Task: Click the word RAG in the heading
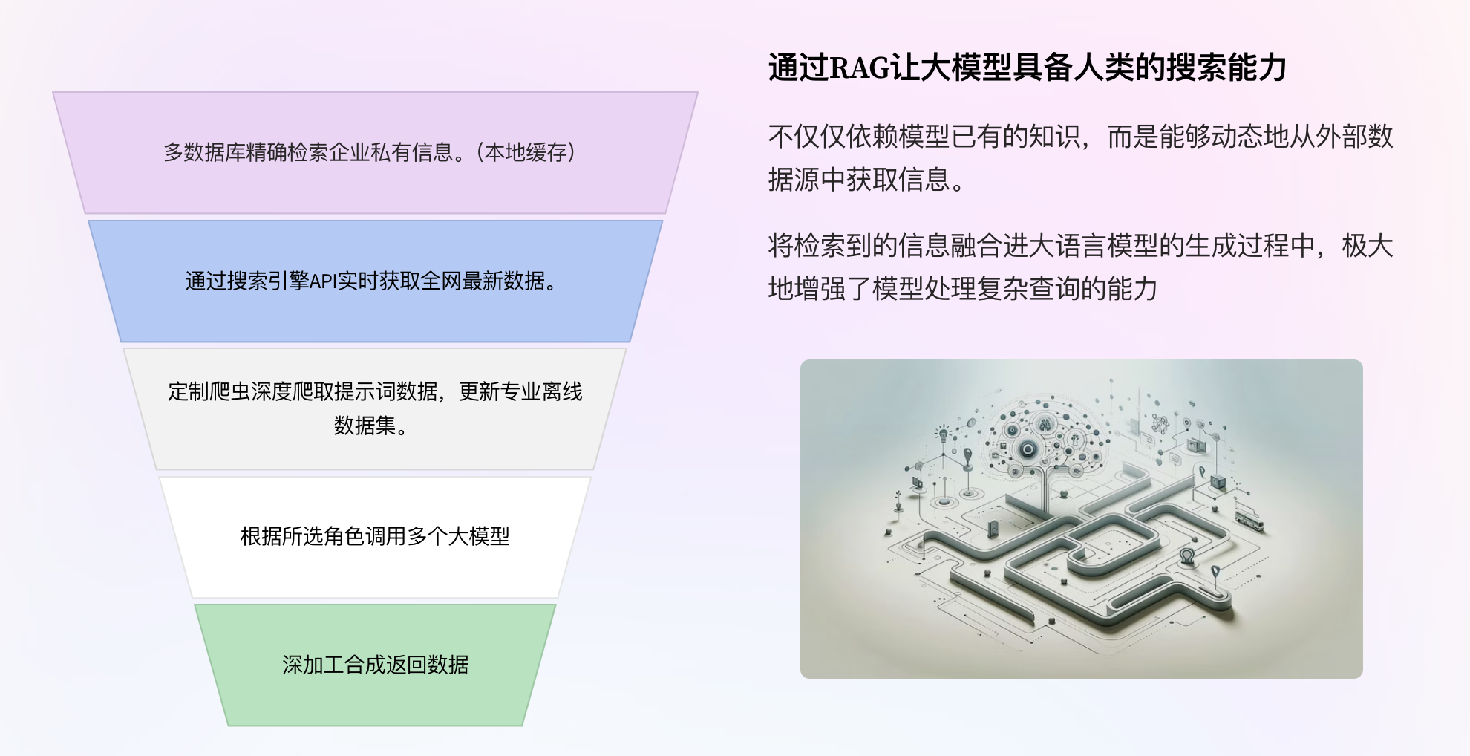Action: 859,68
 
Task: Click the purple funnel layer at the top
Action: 375,153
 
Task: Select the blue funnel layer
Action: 375,281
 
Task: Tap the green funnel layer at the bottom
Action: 375,665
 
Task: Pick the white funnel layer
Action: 375,537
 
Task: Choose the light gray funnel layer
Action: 375,409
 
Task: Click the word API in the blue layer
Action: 322,281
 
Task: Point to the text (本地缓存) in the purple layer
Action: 526,153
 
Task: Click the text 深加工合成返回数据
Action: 375,665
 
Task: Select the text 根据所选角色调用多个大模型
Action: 375,536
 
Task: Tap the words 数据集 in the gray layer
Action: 365,426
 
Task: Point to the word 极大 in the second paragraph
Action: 1368,246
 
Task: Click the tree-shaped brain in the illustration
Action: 1045,438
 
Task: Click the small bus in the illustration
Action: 1249,519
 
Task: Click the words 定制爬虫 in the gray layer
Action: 209,391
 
